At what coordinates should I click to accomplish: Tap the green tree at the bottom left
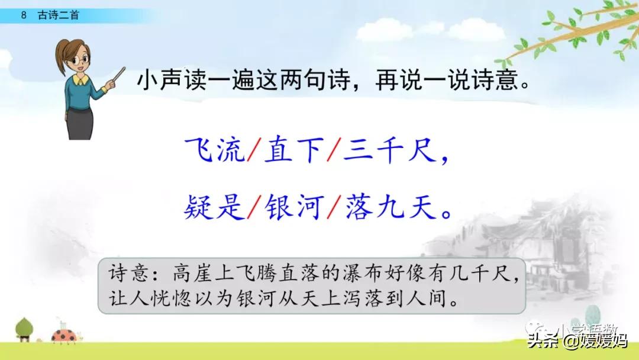click(x=24, y=329)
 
